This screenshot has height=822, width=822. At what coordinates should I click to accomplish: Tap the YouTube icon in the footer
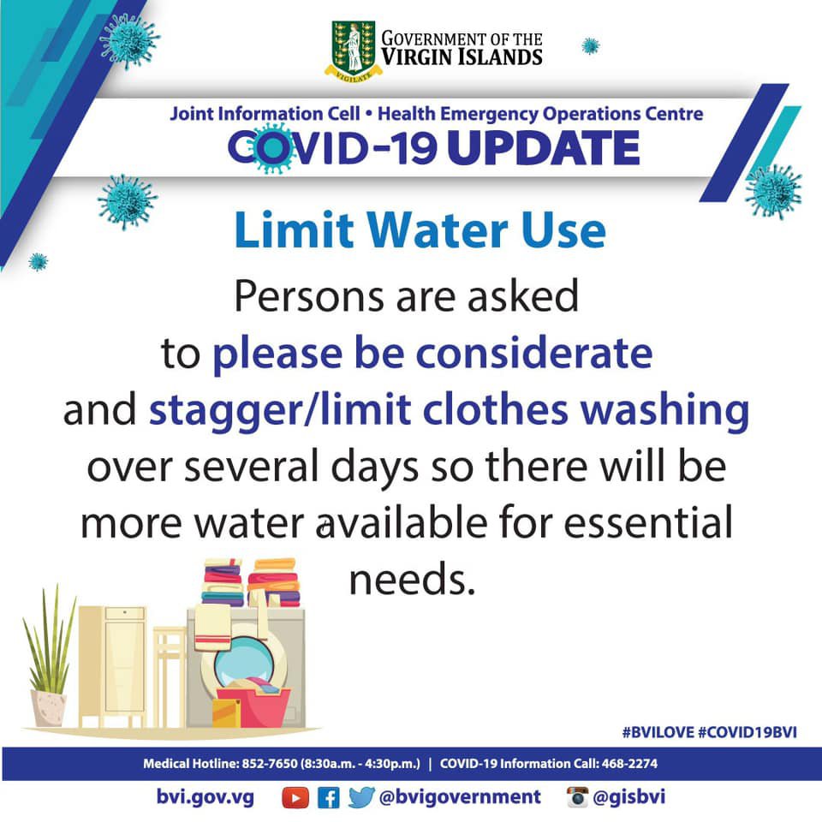tap(295, 798)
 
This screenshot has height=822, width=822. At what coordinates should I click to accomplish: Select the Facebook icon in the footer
tap(329, 798)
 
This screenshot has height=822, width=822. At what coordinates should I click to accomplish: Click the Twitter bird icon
tap(361, 797)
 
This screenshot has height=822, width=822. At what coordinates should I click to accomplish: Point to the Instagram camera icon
tap(578, 797)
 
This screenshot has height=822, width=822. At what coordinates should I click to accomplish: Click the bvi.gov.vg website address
tap(205, 797)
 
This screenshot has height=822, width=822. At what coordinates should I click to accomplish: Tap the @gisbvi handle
tap(629, 797)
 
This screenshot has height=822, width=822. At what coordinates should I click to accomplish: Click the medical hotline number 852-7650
tap(270, 763)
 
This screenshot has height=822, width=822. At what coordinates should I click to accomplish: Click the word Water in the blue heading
tap(438, 229)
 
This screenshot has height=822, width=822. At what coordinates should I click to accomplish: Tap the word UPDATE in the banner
tap(544, 148)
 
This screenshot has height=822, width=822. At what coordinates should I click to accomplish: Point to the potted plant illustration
tap(49, 657)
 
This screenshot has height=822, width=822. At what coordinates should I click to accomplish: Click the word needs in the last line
tap(412, 581)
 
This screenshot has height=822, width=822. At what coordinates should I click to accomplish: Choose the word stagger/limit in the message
tap(280, 410)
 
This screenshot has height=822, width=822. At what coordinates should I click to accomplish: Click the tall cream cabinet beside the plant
tap(113, 666)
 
